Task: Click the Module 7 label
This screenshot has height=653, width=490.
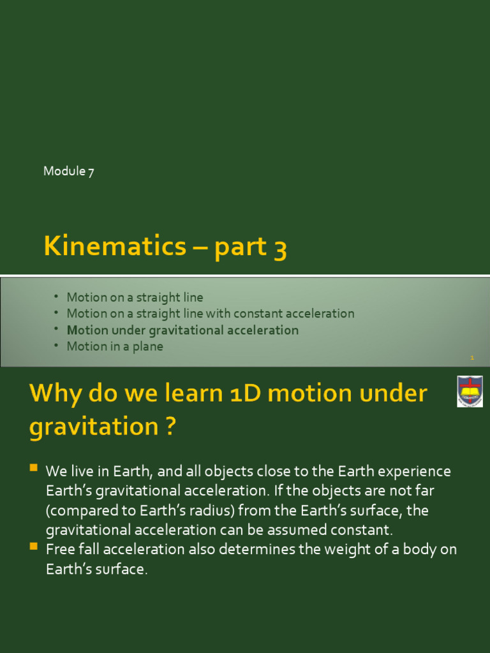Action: point(69,171)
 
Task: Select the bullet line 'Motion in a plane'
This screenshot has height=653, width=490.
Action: point(115,346)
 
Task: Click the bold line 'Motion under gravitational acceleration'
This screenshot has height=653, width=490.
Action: point(182,330)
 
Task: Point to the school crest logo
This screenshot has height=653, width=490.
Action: point(470,391)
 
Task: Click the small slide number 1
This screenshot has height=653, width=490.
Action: point(472,358)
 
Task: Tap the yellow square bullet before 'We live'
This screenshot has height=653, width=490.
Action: point(34,469)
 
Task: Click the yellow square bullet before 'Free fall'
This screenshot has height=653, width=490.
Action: point(34,547)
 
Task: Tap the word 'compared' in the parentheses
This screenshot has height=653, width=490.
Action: point(83,511)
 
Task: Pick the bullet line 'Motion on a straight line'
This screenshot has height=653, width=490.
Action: point(135,297)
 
